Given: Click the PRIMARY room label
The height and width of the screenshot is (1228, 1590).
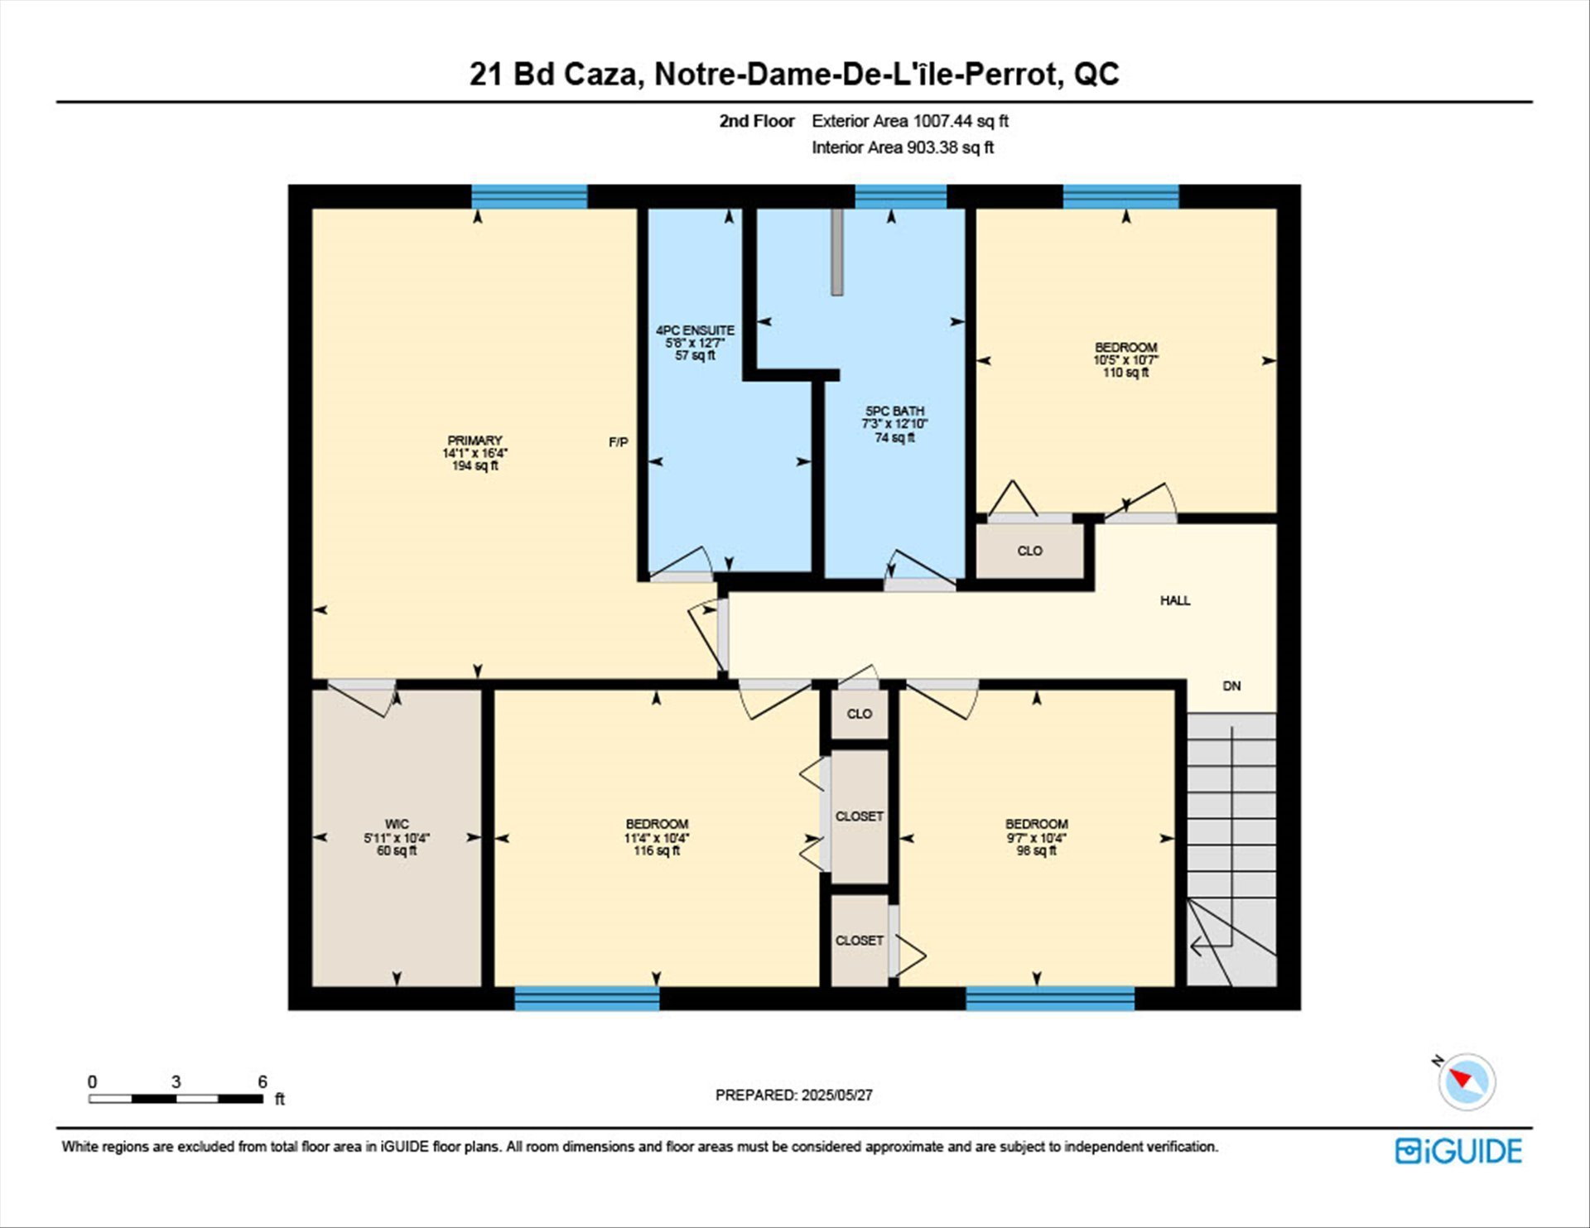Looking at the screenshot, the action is click(475, 441).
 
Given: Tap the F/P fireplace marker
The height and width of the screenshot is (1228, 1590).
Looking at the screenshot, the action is click(619, 442).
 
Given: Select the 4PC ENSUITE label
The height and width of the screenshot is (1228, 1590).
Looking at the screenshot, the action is click(695, 330).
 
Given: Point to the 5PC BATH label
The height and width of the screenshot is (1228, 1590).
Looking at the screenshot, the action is click(894, 411).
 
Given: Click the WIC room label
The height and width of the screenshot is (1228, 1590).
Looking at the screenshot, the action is click(397, 824).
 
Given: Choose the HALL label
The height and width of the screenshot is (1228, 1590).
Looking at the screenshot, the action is click(1175, 600).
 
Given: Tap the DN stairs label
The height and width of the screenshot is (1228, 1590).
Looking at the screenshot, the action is click(1232, 686).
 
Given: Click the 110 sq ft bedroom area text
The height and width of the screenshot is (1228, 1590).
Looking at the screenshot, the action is click(1125, 373).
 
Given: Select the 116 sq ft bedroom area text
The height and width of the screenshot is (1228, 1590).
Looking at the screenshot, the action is click(657, 850).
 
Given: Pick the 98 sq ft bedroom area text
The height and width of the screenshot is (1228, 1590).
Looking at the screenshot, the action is click(1036, 850).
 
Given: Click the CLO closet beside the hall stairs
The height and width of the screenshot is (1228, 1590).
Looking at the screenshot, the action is click(1029, 551).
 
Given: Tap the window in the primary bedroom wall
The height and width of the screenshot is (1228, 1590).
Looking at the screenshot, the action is click(529, 196).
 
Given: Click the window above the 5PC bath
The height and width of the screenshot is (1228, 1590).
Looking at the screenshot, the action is click(900, 196).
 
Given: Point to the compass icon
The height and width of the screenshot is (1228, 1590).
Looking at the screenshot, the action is click(1467, 1081).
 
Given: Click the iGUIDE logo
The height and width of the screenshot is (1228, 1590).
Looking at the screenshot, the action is click(1458, 1151).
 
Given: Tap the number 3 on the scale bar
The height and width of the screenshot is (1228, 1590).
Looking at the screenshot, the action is click(176, 1081).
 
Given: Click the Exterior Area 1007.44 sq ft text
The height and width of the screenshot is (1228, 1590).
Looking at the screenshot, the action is click(910, 121).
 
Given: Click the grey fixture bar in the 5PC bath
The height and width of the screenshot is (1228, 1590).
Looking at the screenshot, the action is click(837, 252).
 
